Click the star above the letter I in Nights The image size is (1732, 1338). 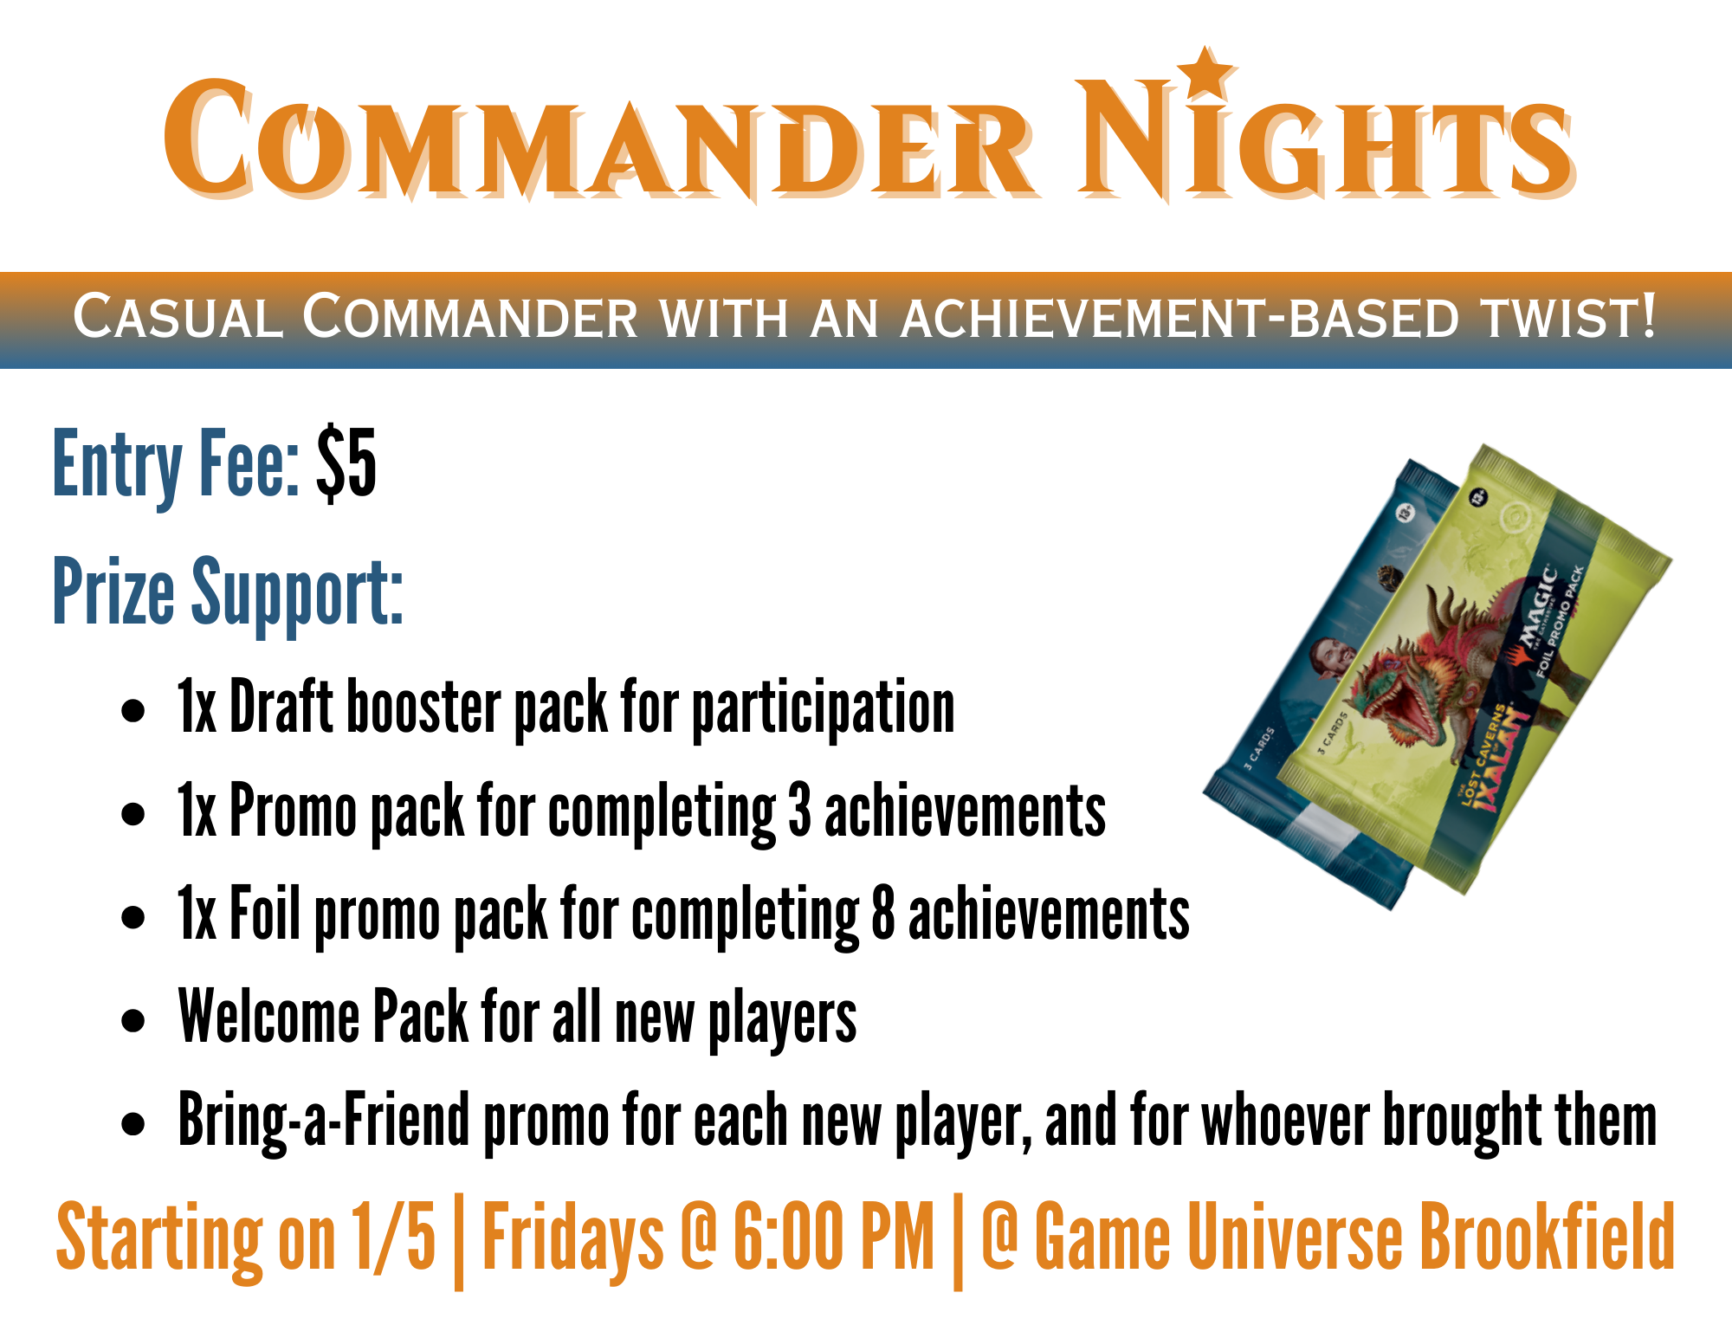(1205, 72)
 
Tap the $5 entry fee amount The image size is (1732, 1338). (346, 464)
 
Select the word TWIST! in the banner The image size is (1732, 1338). (1568, 317)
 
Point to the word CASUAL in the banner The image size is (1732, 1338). (178, 317)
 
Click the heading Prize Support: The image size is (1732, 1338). (228, 592)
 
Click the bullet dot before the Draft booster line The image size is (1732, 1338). (133, 711)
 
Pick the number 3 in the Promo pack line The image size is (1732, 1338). (799, 811)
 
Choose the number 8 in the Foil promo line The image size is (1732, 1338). (882, 915)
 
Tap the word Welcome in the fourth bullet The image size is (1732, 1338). (268, 1017)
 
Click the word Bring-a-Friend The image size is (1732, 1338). (323, 1121)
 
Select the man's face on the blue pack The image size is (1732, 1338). (1328, 663)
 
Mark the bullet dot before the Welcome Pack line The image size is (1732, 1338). (133, 1021)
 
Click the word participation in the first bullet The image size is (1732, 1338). (823, 709)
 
